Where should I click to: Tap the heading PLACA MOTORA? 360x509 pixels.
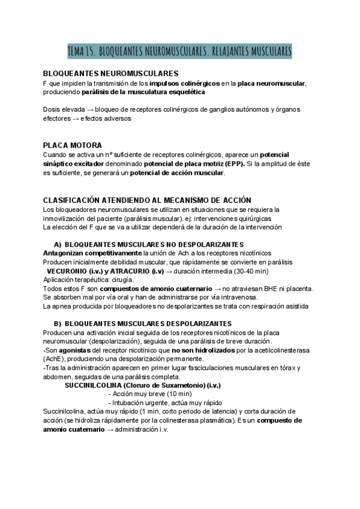(x=73, y=145)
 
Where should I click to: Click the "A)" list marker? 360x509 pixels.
(x=58, y=244)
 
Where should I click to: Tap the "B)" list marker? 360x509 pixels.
(x=58, y=323)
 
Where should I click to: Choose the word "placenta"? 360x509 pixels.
(x=295, y=288)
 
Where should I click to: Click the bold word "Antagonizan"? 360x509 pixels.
(x=65, y=253)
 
